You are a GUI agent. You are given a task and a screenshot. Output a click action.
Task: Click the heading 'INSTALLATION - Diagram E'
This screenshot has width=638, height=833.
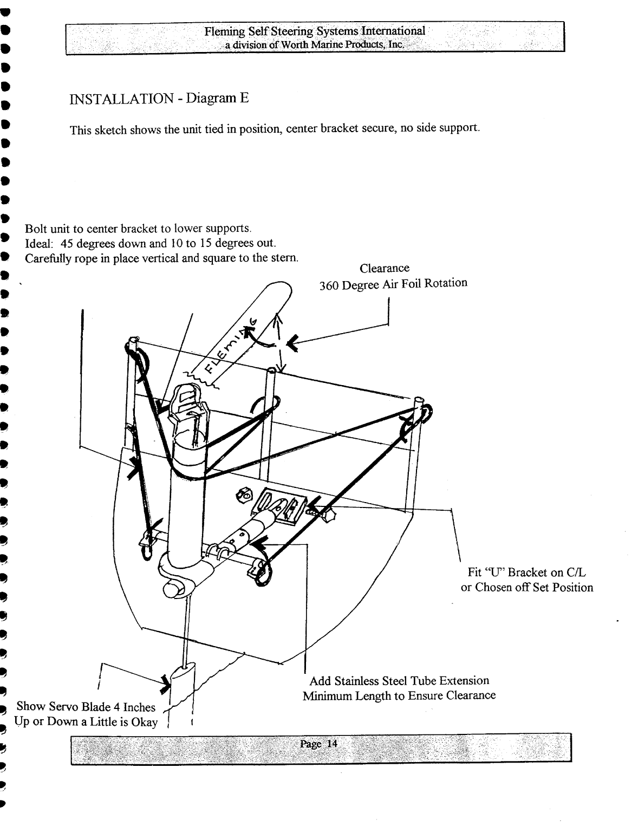point(159,99)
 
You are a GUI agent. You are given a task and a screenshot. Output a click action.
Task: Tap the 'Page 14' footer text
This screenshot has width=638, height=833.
point(318,744)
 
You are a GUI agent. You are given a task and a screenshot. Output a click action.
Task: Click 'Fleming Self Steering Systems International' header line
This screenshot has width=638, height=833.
point(315,31)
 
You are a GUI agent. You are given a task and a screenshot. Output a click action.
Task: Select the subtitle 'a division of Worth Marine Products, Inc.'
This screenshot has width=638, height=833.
point(315,45)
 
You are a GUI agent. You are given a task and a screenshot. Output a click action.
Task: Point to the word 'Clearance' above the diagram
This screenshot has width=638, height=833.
point(384,268)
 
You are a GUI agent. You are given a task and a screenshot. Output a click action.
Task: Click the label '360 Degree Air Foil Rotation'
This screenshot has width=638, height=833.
point(393,283)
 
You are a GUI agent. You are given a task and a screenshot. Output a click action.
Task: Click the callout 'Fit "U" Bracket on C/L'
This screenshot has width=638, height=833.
point(527,572)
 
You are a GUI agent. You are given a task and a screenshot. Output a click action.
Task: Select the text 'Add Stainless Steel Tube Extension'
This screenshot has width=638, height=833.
point(399,681)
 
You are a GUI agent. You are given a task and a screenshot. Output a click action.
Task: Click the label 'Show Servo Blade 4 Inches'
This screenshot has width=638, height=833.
point(86,707)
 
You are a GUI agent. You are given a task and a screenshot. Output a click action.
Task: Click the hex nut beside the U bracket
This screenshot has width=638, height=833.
point(243,493)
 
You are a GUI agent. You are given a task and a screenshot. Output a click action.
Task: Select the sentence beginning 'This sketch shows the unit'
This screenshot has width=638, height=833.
point(275,130)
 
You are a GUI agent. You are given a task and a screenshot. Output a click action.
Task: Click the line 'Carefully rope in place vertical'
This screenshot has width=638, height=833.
point(161,258)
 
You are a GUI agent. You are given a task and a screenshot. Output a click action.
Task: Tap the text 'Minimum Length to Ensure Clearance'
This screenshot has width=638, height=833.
point(399,696)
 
